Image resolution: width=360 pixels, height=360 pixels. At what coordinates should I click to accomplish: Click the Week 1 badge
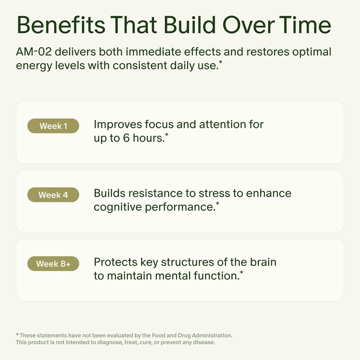53,126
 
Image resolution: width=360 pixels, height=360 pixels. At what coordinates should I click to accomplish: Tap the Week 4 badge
53,195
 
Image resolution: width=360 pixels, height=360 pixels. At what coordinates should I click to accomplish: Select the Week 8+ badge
53,264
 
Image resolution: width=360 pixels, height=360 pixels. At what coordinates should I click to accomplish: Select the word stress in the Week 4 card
214,193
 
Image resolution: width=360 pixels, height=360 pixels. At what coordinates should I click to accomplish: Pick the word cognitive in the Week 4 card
117,207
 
